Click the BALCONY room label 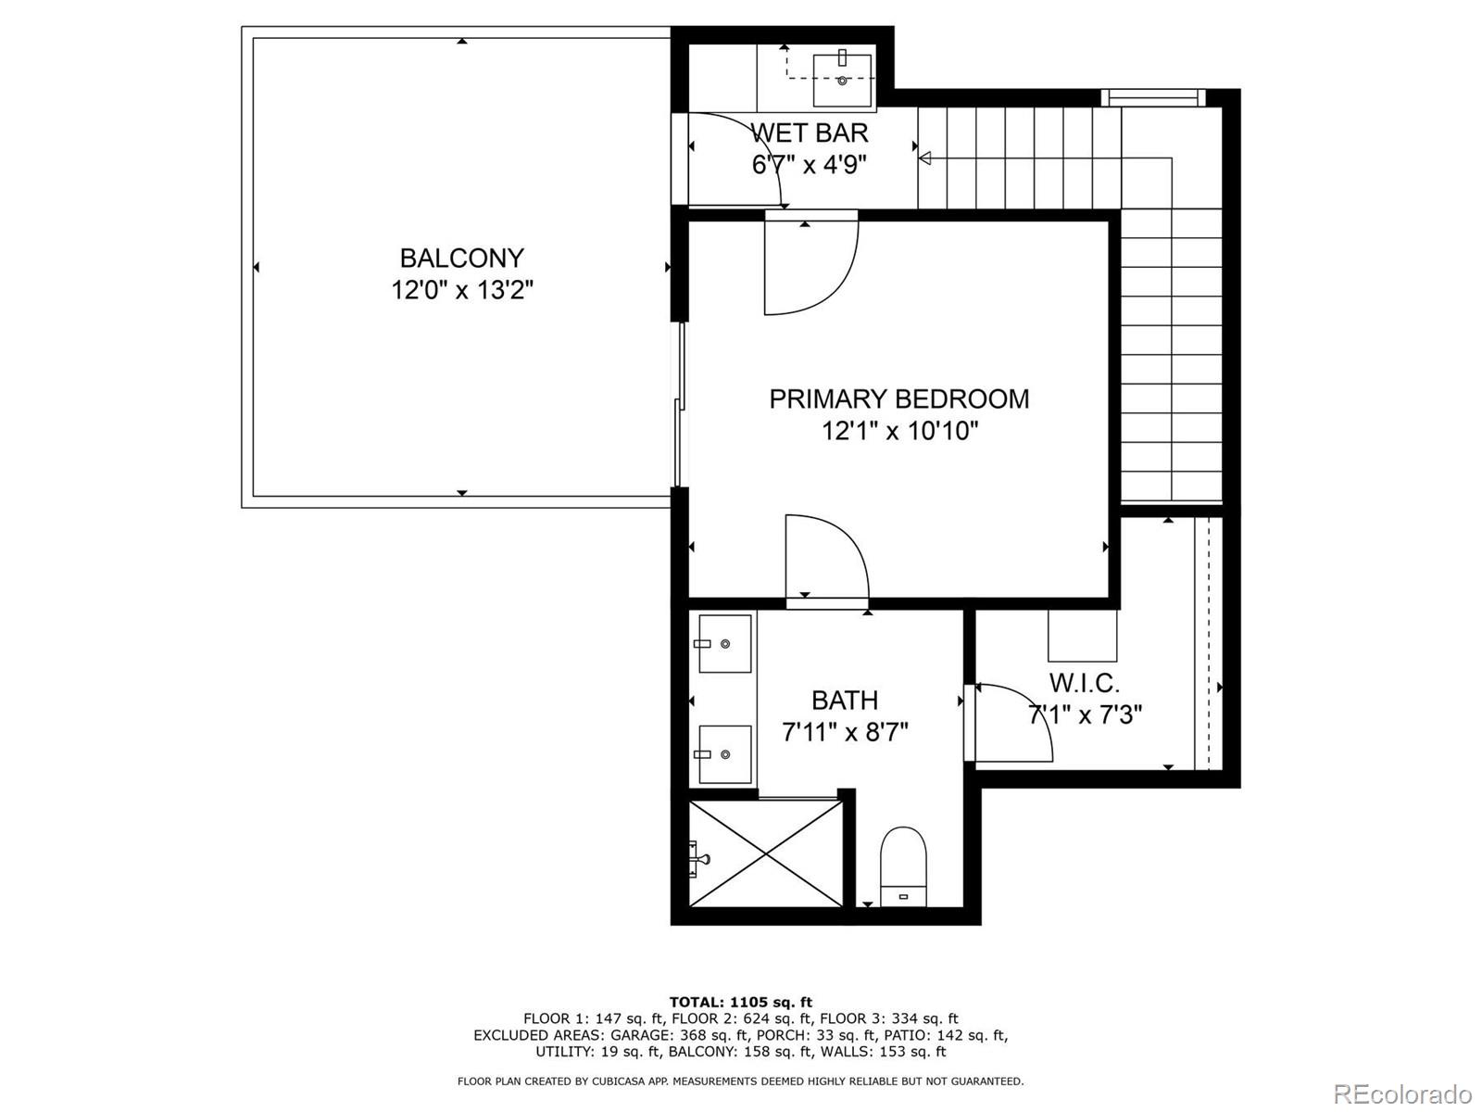click(461, 258)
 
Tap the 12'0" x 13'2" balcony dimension click(461, 290)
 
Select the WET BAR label click(809, 133)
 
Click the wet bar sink click(842, 81)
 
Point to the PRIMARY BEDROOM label click(898, 398)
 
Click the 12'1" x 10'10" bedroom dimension click(898, 431)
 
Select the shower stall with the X click(766, 853)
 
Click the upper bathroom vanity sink click(724, 643)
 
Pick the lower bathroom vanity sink click(724, 754)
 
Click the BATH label click(845, 701)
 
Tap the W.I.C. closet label click(1084, 684)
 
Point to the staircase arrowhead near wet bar click(924, 158)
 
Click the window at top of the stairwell click(1153, 97)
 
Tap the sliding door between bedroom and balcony click(681, 404)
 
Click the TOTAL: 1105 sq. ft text click(740, 1002)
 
